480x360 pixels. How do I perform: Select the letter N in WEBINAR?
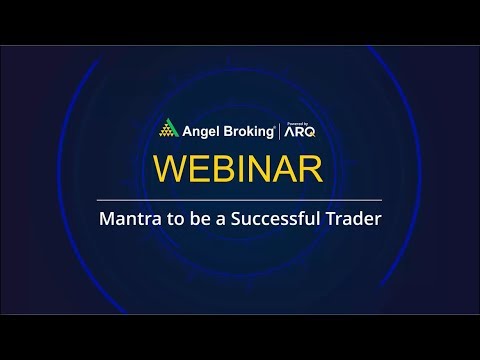pos(263,168)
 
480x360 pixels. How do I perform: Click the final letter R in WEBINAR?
pos(309,168)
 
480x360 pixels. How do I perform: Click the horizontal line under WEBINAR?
pos(240,200)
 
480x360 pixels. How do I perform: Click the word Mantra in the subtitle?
pos(125,219)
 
